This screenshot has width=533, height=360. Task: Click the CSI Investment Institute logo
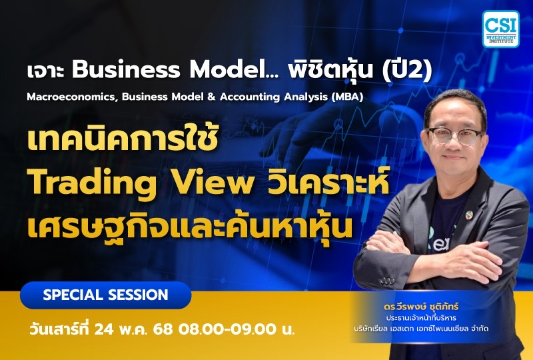click(500, 28)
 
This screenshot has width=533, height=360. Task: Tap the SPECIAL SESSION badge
click(105, 295)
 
